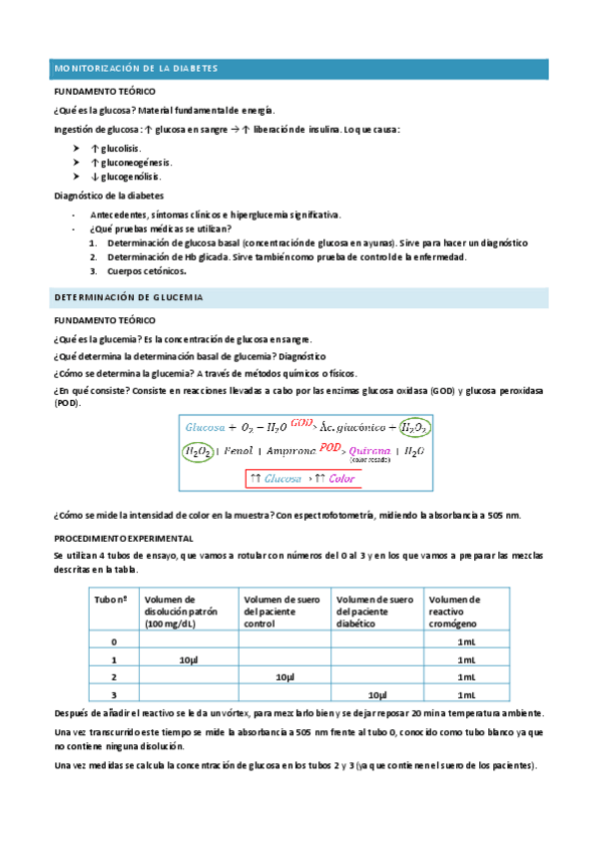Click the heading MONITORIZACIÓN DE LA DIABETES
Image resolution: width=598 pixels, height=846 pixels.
(135, 68)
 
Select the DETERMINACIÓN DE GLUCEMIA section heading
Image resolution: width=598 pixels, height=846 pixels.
(128, 297)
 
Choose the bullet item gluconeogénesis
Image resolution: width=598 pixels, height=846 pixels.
(131, 162)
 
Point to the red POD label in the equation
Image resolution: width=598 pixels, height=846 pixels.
(331, 447)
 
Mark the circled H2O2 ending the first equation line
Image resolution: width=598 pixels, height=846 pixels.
(413, 427)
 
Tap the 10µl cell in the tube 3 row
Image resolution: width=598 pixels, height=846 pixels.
(377, 694)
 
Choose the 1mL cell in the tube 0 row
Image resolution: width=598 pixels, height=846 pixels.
(465, 641)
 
